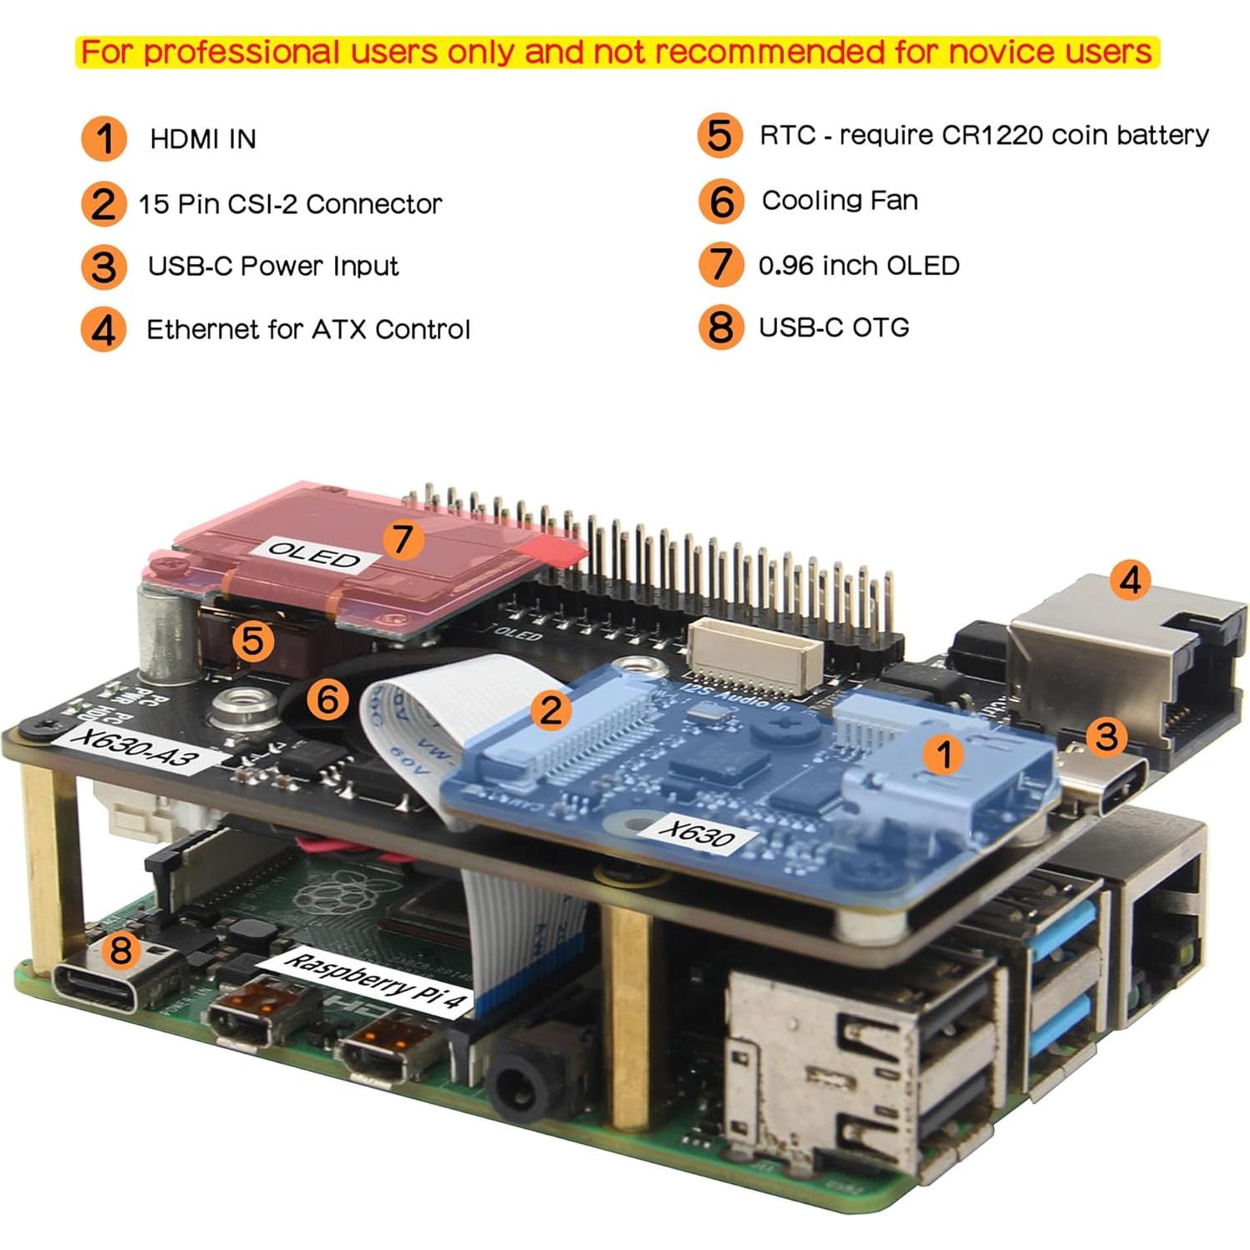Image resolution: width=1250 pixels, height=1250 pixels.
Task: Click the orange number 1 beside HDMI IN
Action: click(104, 139)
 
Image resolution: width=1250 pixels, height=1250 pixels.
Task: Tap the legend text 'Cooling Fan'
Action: click(839, 201)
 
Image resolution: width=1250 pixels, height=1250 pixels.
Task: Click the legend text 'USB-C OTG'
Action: click(833, 328)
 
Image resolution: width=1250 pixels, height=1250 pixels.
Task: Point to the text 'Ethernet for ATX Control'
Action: click(308, 329)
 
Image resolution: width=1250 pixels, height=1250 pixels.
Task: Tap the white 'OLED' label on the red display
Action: click(315, 555)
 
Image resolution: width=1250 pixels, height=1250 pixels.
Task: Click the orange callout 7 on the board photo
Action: click(403, 539)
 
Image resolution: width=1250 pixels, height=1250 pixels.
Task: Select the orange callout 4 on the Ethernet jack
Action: click(1130, 579)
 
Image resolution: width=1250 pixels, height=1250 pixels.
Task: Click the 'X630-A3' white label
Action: click(135, 746)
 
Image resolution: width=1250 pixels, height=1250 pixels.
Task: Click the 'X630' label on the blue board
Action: click(696, 832)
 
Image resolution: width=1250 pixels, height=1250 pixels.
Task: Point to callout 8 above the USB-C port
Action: click(121, 949)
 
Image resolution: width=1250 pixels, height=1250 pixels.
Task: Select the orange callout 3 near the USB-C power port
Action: click(1105, 736)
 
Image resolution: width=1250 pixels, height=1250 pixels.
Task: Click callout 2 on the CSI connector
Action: click(551, 710)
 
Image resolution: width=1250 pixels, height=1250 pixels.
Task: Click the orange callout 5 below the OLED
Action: click(252, 642)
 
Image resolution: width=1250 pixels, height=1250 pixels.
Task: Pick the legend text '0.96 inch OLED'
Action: click(858, 266)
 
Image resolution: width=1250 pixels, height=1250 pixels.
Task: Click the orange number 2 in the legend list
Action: click(103, 204)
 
